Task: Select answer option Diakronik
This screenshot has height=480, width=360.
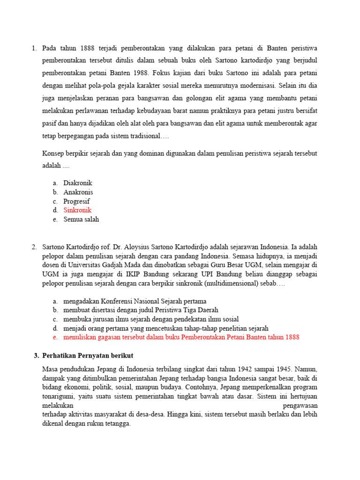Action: click(78, 183)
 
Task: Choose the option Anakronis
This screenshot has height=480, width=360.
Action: click(78, 192)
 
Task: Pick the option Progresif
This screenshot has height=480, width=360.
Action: click(77, 201)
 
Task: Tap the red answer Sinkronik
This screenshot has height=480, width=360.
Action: click(77, 210)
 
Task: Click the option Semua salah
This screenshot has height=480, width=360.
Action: click(82, 219)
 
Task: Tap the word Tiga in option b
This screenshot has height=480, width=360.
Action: click(183, 310)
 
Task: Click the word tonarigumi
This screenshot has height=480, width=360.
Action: click(58, 396)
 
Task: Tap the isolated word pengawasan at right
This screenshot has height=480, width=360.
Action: click(300, 405)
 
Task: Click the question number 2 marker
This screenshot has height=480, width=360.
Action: click(34, 247)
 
